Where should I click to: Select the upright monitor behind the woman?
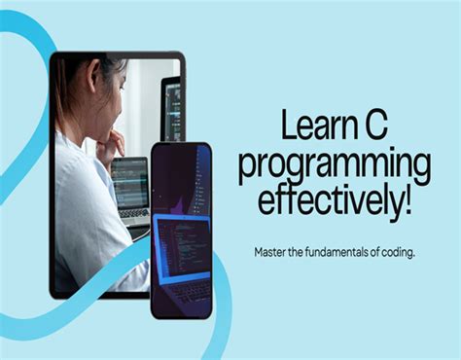click(x=171, y=107)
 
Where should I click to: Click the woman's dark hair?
click(x=83, y=78)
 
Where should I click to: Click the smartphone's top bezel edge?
click(x=181, y=145)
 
